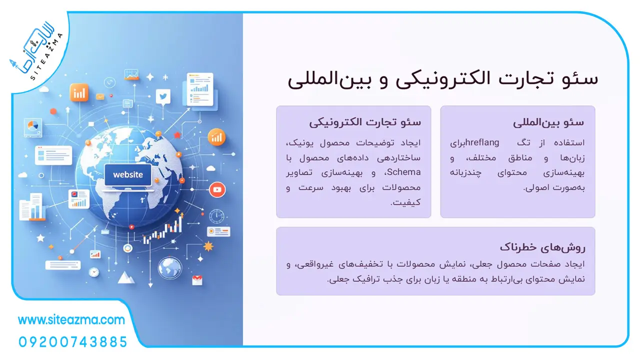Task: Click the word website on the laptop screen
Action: [x=127, y=174]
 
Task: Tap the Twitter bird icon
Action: [x=163, y=96]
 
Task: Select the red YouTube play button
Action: [x=217, y=189]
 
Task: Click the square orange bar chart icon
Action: [x=79, y=92]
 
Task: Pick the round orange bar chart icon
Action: [x=216, y=137]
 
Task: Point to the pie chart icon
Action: [x=33, y=125]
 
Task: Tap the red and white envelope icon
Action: [x=197, y=280]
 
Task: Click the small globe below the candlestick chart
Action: [x=169, y=267]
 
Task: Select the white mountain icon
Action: [x=125, y=277]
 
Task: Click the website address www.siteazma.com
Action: [x=71, y=320]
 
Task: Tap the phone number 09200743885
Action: [x=73, y=342]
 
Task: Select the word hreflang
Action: [x=482, y=142]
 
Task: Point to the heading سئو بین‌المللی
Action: [x=548, y=122]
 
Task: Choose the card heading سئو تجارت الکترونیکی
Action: [x=365, y=122]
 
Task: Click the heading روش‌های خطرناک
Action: [x=542, y=247]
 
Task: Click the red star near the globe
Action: [x=177, y=134]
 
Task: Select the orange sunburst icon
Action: [x=208, y=246]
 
